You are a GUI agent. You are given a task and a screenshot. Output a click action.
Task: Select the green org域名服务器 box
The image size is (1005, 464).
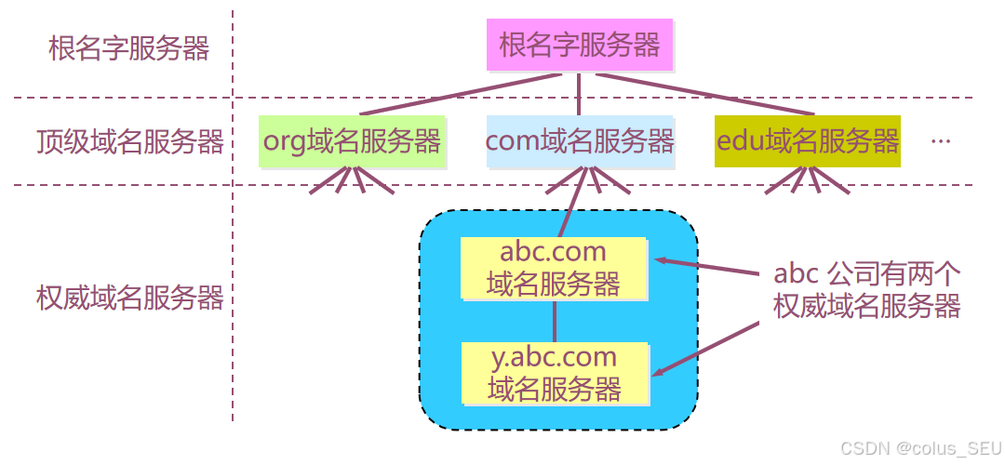coord(352,141)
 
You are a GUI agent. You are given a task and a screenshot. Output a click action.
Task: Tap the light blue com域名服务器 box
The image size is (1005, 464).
coord(579,141)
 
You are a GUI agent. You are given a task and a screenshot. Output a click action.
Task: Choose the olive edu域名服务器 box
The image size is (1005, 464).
coord(807,141)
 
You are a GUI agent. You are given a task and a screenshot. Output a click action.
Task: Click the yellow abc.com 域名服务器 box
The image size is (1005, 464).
coord(554,268)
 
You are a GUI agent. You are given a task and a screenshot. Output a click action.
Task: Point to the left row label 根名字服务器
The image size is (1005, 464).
coord(128,48)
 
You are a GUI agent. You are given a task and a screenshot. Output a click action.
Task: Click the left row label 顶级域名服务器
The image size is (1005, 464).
coord(130,141)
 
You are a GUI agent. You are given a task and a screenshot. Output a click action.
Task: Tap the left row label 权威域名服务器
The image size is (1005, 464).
coord(130,298)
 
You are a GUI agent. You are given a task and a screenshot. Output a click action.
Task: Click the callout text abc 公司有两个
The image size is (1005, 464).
coord(866,274)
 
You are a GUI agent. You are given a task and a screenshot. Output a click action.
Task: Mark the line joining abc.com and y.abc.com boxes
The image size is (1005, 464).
coord(555,321)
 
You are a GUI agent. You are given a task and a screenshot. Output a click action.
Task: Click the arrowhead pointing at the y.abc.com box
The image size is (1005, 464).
coord(660,373)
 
